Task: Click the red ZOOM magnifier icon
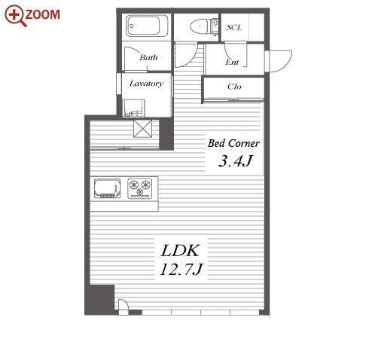point(15,15)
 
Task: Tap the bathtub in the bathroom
point(147,26)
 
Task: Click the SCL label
point(234,27)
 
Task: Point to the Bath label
point(149,57)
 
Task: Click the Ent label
point(232,62)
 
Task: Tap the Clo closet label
point(234,87)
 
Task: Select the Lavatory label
point(146,84)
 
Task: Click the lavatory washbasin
point(134,108)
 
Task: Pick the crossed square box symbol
point(143,129)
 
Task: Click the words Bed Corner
point(233,143)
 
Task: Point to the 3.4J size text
point(235,160)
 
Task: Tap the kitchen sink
point(108,188)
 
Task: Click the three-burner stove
point(140,188)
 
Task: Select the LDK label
point(180,251)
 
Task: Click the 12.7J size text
point(181,269)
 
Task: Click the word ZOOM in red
point(43,14)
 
